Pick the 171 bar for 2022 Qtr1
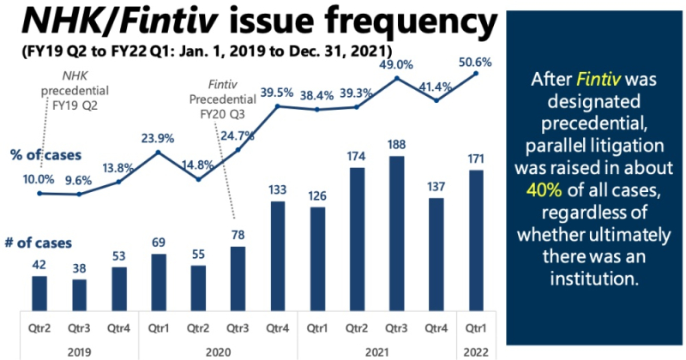click(476, 239)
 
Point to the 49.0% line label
click(397, 64)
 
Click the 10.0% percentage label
click(39, 179)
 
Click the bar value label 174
click(358, 158)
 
